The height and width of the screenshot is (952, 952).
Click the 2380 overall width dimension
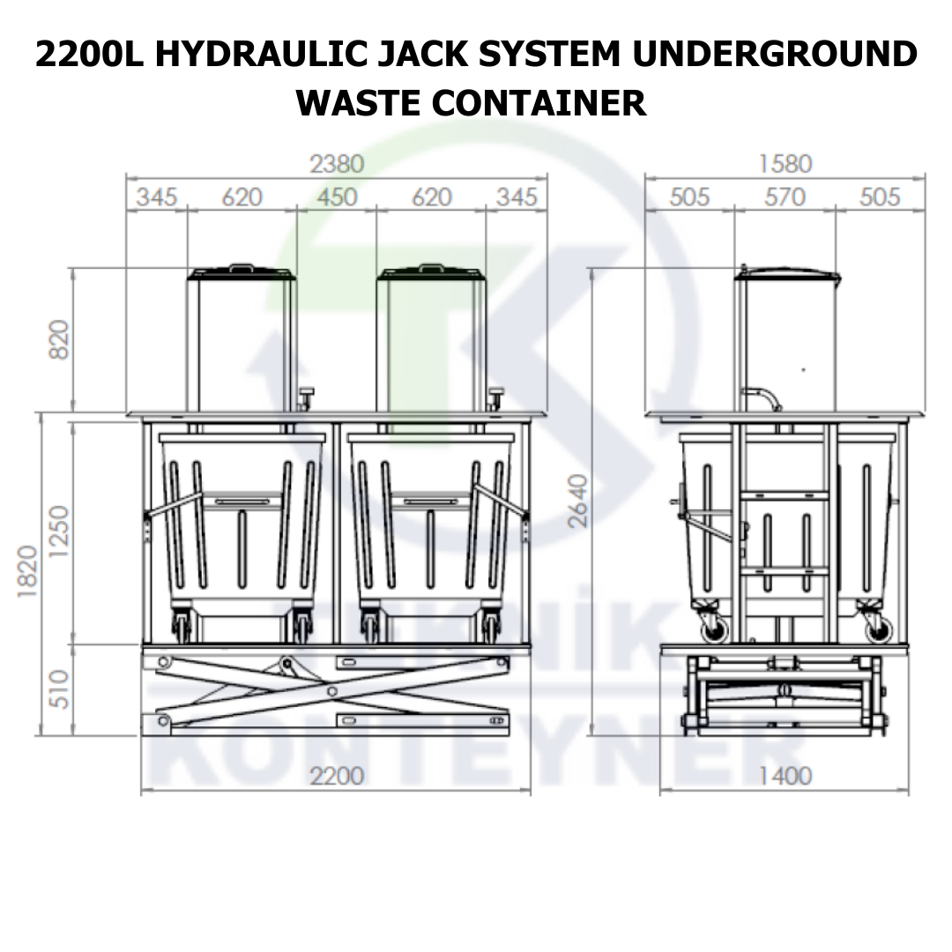coord(337,164)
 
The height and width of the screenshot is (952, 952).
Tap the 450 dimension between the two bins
coord(337,197)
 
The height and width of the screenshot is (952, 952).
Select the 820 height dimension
coord(59,340)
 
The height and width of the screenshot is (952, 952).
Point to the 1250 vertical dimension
coord(59,532)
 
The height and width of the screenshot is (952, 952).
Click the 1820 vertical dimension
coord(27,571)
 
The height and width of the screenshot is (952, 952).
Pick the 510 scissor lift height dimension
coord(59,689)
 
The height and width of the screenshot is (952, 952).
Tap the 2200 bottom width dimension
coord(337,776)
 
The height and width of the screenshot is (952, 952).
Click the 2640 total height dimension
coord(578,501)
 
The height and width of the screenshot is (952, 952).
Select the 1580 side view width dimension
coord(785,164)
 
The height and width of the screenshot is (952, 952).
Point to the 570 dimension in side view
coord(785,197)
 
